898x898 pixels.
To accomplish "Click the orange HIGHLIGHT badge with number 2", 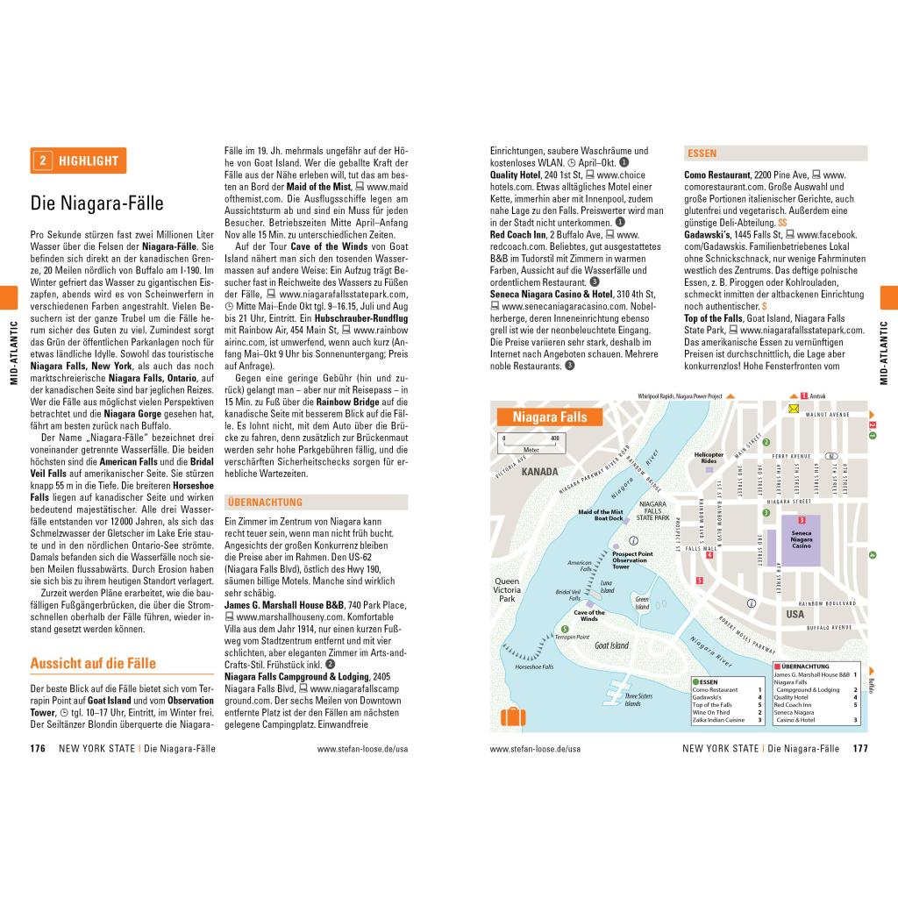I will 78,160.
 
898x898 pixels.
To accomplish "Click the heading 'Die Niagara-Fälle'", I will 97,203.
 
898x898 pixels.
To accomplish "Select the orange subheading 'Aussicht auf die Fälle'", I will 93,663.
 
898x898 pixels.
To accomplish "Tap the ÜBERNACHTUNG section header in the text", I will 264,502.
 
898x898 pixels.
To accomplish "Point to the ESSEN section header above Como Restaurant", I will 702,153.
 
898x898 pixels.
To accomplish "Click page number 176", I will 38,749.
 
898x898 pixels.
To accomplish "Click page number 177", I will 859,749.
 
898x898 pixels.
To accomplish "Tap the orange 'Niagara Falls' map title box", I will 550,417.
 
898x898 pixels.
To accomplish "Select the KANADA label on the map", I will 539,472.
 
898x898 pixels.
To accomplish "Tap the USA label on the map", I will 795,614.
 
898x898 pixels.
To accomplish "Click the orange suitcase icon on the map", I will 513,716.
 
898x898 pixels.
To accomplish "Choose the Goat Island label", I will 611,645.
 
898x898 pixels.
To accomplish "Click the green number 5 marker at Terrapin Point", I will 564,629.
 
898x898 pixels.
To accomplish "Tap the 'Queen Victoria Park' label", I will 507,589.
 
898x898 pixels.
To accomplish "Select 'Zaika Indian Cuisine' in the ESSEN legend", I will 717,720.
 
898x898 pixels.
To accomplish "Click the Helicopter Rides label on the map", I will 709,458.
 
